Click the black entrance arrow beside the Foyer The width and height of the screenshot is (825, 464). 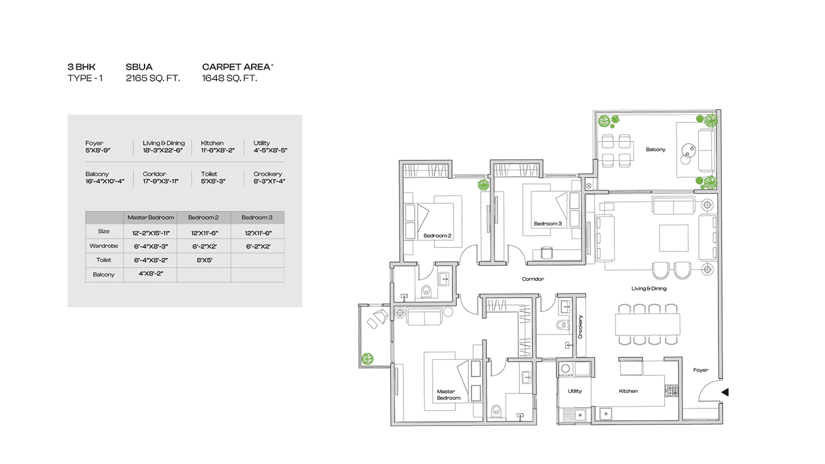click(x=725, y=392)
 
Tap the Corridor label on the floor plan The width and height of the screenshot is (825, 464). click(x=532, y=279)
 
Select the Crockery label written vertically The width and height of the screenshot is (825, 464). click(x=580, y=327)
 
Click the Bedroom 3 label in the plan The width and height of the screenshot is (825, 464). click(x=548, y=223)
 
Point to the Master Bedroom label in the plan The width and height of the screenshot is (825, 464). click(x=448, y=394)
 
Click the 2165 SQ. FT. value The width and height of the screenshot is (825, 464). click(x=153, y=78)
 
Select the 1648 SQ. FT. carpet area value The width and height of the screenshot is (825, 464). click(x=229, y=78)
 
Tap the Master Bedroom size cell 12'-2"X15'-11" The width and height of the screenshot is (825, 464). click(x=150, y=233)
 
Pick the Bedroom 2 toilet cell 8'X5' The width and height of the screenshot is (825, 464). click(x=204, y=260)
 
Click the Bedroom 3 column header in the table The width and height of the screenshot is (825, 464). click(x=257, y=217)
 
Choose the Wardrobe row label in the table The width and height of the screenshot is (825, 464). click(x=104, y=246)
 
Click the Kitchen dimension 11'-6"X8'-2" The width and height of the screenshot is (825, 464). click(x=218, y=150)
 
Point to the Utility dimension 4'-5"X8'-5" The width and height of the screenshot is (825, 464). click(x=270, y=150)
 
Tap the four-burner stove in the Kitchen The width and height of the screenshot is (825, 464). click(x=672, y=391)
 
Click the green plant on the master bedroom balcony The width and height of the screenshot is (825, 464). click(x=367, y=359)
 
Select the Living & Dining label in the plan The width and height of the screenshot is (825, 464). click(x=649, y=288)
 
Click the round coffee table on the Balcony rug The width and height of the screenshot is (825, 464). click(x=689, y=150)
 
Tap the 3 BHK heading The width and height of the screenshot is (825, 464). click(x=81, y=67)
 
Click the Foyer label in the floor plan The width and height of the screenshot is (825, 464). click(x=700, y=370)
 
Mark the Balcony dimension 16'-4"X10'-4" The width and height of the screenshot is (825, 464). click(x=105, y=181)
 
